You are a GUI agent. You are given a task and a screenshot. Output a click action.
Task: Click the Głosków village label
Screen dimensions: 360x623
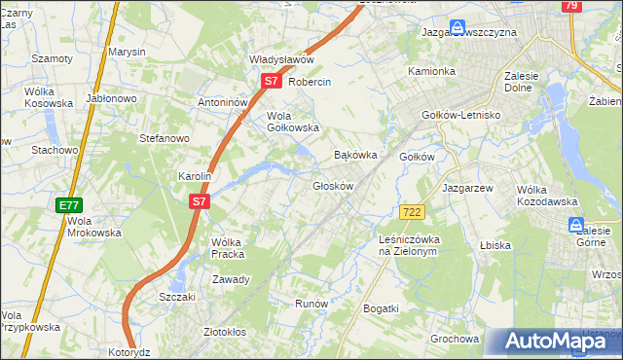pyautogui.click(x=332, y=186)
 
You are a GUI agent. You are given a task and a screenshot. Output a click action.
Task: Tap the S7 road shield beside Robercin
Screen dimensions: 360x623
pyautogui.click(x=273, y=84)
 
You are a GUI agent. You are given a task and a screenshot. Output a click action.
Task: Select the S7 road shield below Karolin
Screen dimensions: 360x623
pyautogui.click(x=199, y=201)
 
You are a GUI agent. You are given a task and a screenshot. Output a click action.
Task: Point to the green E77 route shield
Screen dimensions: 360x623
pyautogui.click(x=69, y=205)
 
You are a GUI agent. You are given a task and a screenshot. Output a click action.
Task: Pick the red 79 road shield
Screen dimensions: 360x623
pyautogui.click(x=572, y=6)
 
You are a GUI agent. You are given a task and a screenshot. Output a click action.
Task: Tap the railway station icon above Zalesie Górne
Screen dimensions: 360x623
pyautogui.click(x=576, y=226)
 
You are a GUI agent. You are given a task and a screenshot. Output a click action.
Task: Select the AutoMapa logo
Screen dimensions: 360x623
pyautogui.click(x=555, y=341)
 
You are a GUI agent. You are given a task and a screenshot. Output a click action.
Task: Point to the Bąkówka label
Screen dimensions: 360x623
pyautogui.click(x=355, y=155)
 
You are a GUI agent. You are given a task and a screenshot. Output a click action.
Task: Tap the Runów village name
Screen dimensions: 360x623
pyautogui.click(x=311, y=304)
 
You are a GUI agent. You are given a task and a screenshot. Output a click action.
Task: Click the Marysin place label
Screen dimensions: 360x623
pyautogui.click(x=127, y=51)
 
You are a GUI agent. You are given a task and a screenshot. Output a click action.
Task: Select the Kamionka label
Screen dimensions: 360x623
pyautogui.click(x=431, y=72)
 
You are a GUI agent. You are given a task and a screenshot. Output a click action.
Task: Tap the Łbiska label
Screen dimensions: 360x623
pyautogui.click(x=495, y=245)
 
